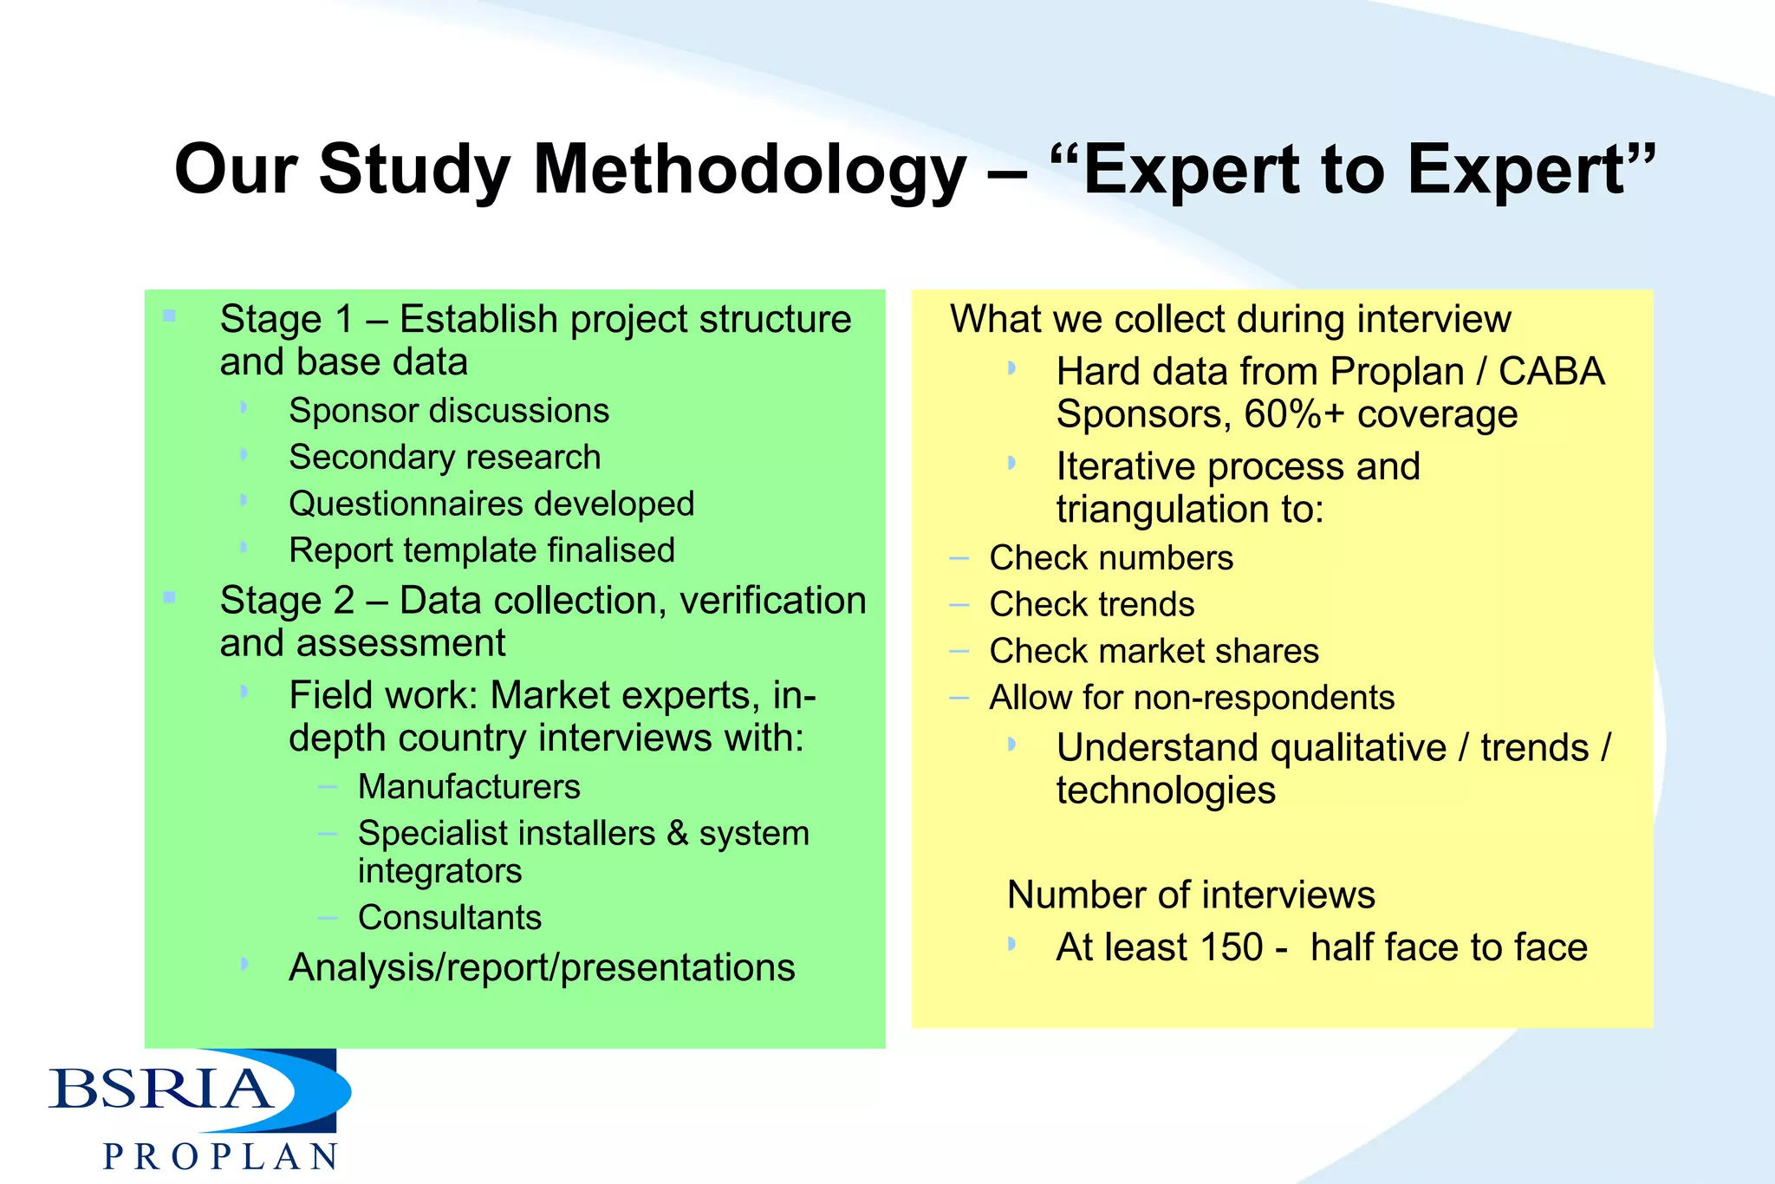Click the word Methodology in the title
pos(749,171)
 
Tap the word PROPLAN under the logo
pos(220,1157)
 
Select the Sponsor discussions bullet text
pos(448,411)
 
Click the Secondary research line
pos(444,458)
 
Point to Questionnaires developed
pos(491,504)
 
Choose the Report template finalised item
pos(481,551)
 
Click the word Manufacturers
pos(468,787)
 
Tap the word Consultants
pos(449,918)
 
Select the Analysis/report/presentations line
pos(541,968)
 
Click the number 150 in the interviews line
pos(1230,947)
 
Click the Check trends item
pos(1091,605)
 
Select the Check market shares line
pos(1154,652)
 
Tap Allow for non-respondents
pos(1192,698)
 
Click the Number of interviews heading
pos(1190,895)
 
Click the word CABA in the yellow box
pos(1551,372)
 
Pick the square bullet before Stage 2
pos(169,597)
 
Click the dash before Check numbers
pos(959,558)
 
